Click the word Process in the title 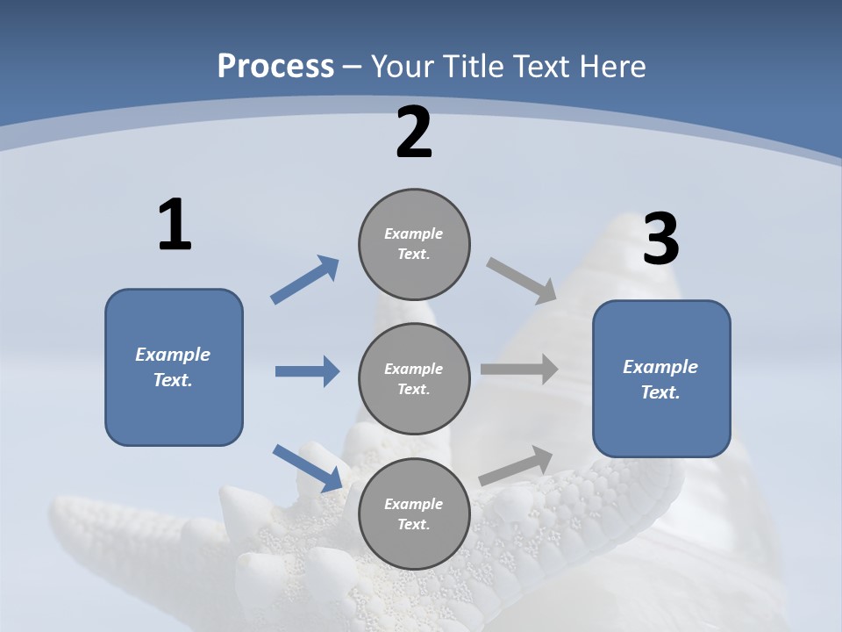click(x=275, y=67)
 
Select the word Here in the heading click(x=612, y=67)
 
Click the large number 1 click(x=175, y=224)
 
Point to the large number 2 click(x=413, y=133)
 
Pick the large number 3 click(x=661, y=238)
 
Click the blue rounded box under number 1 click(x=174, y=368)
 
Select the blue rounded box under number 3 click(x=661, y=379)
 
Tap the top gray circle click(x=414, y=245)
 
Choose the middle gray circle click(x=414, y=379)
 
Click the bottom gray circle click(x=414, y=514)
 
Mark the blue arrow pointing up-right click(x=304, y=279)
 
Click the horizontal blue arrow click(x=308, y=371)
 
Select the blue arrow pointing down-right click(x=308, y=468)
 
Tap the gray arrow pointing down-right click(x=521, y=281)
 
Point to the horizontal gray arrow click(x=519, y=370)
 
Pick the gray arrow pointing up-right click(x=516, y=466)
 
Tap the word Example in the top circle click(x=413, y=233)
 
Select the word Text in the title click(x=541, y=66)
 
